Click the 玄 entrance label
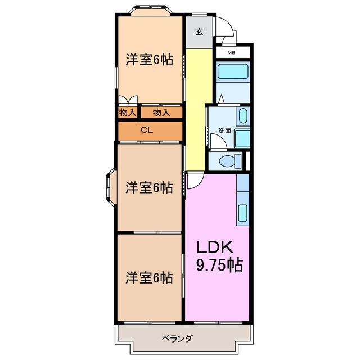coord(199,31)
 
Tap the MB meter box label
coord(231,53)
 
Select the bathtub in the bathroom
coord(232,72)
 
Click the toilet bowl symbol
coord(228,161)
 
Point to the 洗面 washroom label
coord(224,130)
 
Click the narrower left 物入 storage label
coord(127,112)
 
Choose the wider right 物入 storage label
coord(161,112)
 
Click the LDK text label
coord(214,247)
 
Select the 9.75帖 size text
coord(219,264)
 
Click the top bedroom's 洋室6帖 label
coord(148,60)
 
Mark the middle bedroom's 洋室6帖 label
coord(148,187)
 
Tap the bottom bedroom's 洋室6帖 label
coord(148,277)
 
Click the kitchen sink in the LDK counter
coord(243,212)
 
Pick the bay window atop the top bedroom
coord(150,10)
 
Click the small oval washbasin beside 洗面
coord(242,116)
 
